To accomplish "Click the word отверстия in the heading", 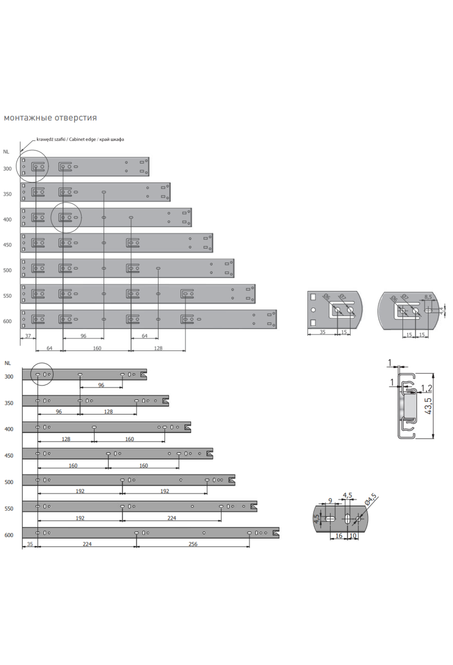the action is pyautogui.click(x=75, y=118).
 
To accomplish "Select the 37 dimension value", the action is pyautogui.click(x=28, y=336).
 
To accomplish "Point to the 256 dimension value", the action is pyautogui.click(x=193, y=544).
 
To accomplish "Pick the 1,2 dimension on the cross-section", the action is pyautogui.click(x=427, y=388).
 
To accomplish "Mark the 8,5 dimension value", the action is pyautogui.click(x=428, y=297).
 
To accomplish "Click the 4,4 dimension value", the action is pyautogui.click(x=441, y=310).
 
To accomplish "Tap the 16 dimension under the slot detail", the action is pyautogui.click(x=339, y=535).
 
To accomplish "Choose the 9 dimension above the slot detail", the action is pyautogui.click(x=330, y=501).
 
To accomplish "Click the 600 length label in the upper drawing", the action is pyautogui.click(x=7, y=321).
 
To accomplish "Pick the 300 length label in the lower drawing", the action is pyautogui.click(x=9, y=377).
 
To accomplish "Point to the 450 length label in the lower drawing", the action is pyautogui.click(x=9, y=456).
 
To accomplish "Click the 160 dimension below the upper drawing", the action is pyautogui.click(x=97, y=348).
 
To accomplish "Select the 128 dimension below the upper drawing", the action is pyautogui.click(x=158, y=348).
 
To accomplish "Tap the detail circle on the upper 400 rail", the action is pyautogui.click(x=66, y=203).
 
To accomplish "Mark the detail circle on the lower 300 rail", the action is pyautogui.click(x=42, y=363).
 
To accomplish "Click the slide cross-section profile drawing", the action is pyautogui.click(x=407, y=405).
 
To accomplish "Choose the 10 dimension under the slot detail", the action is pyautogui.click(x=353, y=535).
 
